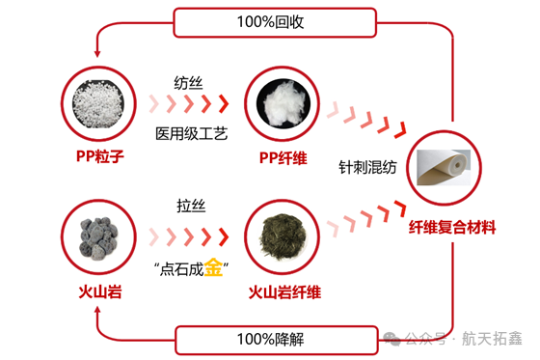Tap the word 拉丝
(190, 206)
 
